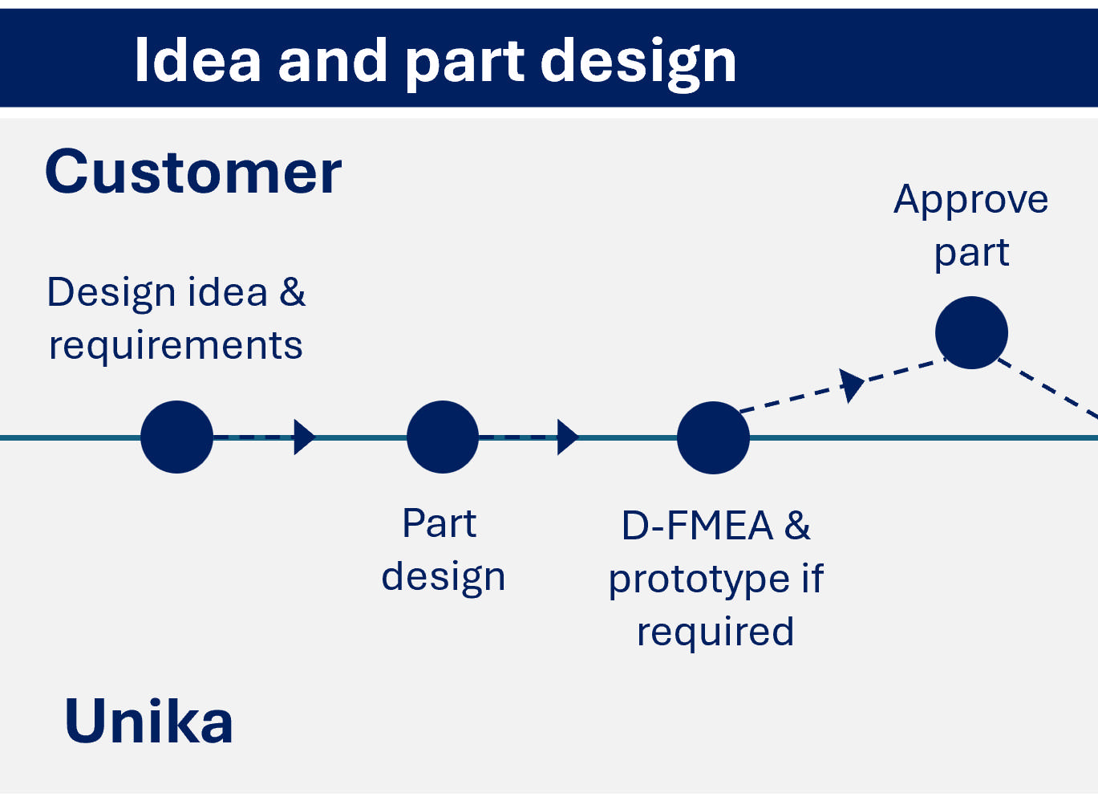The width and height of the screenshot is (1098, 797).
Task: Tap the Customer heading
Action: pyautogui.click(x=193, y=172)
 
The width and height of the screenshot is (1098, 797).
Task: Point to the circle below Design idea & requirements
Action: pyautogui.click(x=176, y=437)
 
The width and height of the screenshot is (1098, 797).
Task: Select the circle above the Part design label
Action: pyautogui.click(x=443, y=437)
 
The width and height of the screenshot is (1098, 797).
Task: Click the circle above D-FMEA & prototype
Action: pyautogui.click(x=713, y=437)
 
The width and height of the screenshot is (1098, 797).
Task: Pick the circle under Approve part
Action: pyautogui.click(x=971, y=332)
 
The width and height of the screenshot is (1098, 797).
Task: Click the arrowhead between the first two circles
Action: pyautogui.click(x=304, y=437)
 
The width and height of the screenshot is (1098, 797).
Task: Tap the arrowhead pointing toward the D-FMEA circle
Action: pyautogui.click(x=567, y=437)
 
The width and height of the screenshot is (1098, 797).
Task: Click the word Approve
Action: pyautogui.click(x=970, y=199)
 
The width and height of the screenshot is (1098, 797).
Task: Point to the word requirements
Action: pyautogui.click(x=176, y=346)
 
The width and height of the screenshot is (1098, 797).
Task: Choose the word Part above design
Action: pyautogui.click(x=439, y=523)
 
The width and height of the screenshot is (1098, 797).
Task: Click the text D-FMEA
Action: pyautogui.click(x=696, y=526)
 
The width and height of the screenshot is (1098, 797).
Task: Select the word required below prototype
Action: pyautogui.click(x=715, y=632)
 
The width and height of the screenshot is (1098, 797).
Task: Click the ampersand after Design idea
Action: pyautogui.click(x=293, y=292)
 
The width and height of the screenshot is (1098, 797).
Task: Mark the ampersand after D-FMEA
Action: pyautogui.click(x=797, y=526)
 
